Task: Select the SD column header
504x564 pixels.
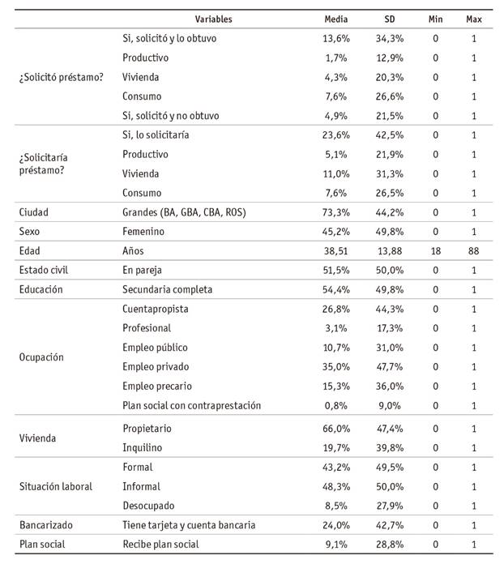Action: [389, 18]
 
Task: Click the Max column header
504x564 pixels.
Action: [473, 18]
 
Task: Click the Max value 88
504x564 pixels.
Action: [473, 251]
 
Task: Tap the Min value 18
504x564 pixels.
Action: [436, 251]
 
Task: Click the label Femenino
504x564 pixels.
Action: [145, 232]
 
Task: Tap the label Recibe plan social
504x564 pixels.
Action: [160, 545]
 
